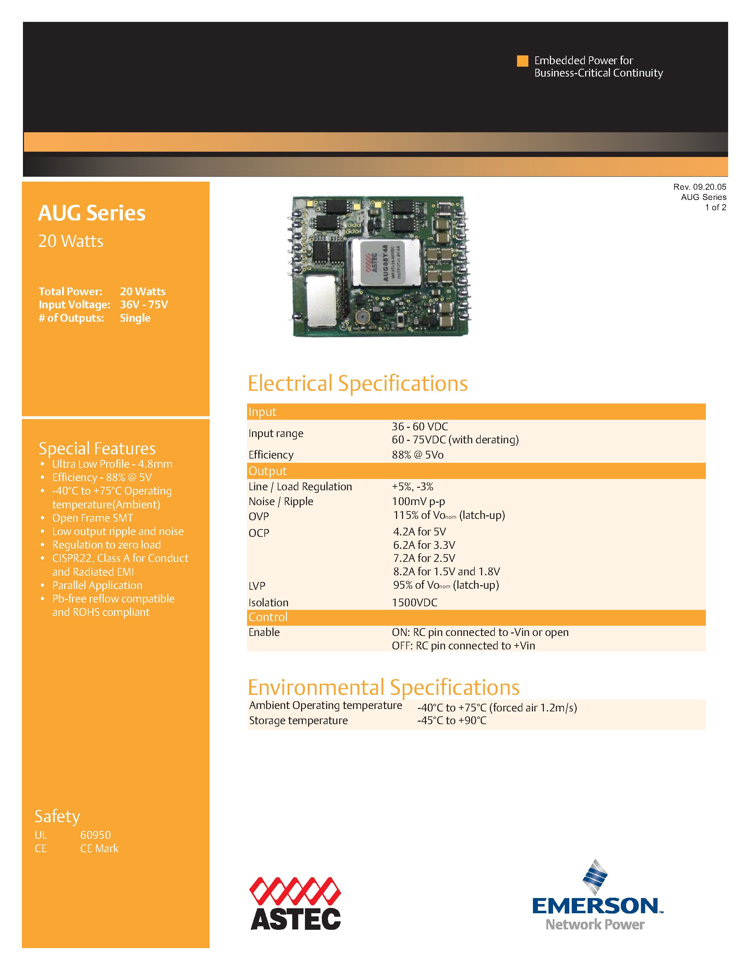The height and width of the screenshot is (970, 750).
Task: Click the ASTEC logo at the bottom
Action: click(295, 903)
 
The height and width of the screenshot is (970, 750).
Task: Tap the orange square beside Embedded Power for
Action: click(522, 61)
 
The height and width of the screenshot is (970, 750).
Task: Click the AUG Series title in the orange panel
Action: click(91, 213)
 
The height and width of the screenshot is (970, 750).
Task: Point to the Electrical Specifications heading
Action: click(358, 383)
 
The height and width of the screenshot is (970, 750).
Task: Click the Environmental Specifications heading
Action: click(383, 687)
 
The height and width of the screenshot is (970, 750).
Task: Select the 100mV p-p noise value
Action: click(418, 502)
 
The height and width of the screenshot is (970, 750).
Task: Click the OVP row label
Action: click(259, 516)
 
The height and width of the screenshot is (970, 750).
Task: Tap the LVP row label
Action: click(257, 586)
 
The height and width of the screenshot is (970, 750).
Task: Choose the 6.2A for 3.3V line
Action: click(424, 545)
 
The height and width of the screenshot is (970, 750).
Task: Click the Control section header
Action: click(268, 617)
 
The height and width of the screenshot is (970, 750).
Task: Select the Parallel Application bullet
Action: click(97, 586)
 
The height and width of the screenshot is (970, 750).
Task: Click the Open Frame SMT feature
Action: click(92, 518)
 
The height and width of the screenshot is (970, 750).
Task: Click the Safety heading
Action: click(57, 816)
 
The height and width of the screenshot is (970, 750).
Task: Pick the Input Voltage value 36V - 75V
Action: click(144, 305)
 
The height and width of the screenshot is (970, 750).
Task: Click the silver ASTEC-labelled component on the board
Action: click(385, 263)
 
